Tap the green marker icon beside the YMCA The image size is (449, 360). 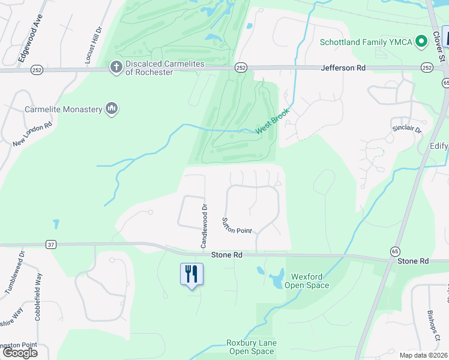(x=421, y=41)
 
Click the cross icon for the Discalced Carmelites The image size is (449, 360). (x=115, y=67)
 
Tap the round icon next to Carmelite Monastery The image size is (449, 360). (x=111, y=109)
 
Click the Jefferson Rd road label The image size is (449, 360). (x=343, y=68)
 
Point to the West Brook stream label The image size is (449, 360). (x=273, y=121)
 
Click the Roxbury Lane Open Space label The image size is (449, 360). (x=250, y=347)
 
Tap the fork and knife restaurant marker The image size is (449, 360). (x=192, y=274)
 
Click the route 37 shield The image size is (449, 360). (x=51, y=244)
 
